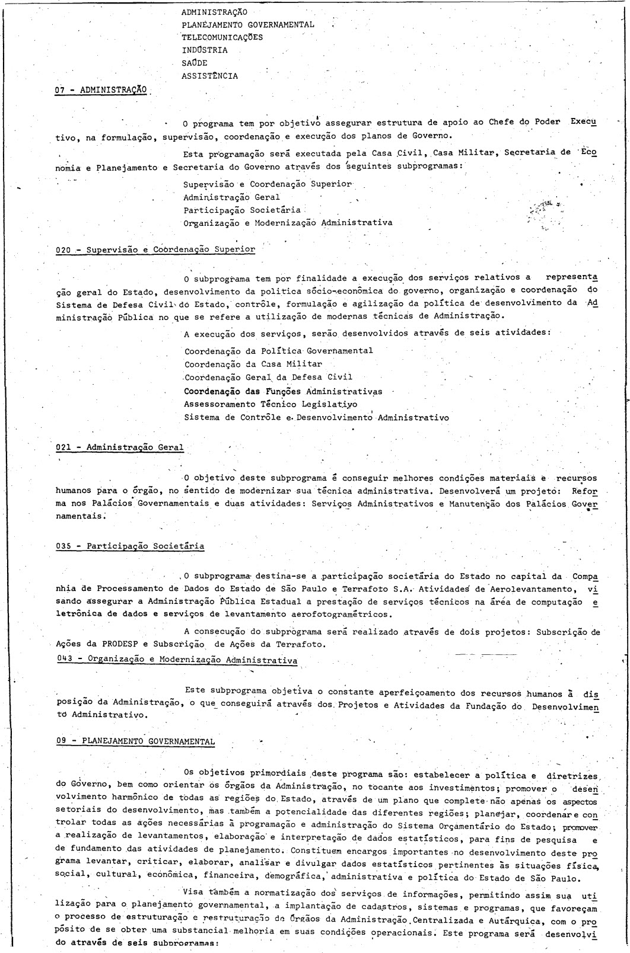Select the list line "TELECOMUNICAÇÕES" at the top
click(x=222, y=37)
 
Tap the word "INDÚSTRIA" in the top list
click(x=204, y=50)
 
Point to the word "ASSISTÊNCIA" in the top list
click(x=210, y=76)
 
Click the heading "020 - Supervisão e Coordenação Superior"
click(x=155, y=250)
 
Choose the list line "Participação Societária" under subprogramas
click(x=242, y=210)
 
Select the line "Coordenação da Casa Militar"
click(x=253, y=364)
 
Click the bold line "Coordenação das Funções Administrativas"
click(x=283, y=391)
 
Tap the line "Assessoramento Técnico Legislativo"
click(x=271, y=404)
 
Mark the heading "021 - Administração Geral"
click(x=119, y=447)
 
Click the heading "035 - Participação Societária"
click(x=130, y=546)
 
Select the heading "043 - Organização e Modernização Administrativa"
click(x=176, y=659)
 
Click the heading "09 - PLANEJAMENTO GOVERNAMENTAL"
click(x=135, y=741)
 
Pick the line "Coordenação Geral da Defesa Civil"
click(x=268, y=377)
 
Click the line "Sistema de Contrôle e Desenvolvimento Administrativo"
click(x=316, y=417)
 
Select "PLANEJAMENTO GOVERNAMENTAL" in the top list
click(x=248, y=24)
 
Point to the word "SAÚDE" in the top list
click(x=195, y=63)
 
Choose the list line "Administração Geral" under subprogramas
click(x=231, y=197)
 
